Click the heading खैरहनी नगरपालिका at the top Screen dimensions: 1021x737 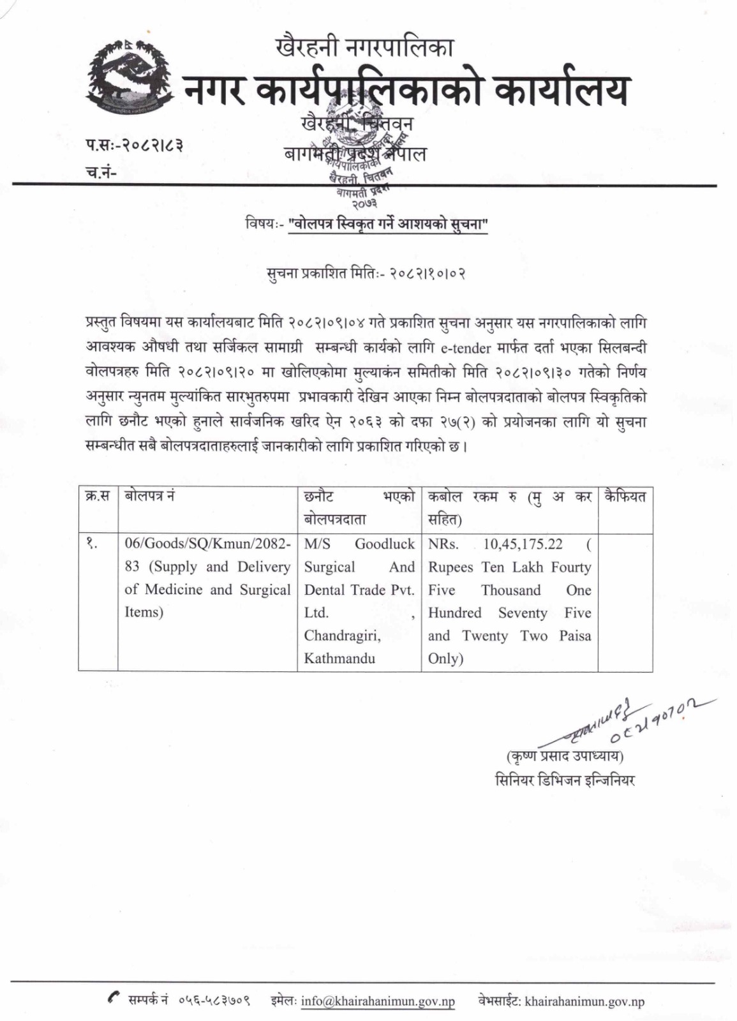tap(364, 47)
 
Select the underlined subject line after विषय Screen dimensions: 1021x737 tap(388, 225)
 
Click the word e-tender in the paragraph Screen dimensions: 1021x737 tap(469, 348)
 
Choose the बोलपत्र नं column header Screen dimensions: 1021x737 tap(150, 496)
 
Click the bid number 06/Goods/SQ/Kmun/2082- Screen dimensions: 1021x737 tap(208, 544)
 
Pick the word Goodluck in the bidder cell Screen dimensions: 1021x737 tap(385, 544)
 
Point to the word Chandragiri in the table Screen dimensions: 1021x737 tap(342, 636)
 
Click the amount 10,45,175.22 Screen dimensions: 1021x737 tap(523, 544)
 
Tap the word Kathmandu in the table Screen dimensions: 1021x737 tap(339, 659)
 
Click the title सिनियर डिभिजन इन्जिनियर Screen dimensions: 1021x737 tap(565, 780)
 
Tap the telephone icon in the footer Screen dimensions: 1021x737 tap(114, 999)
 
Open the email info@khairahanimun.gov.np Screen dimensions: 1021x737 tap(378, 1001)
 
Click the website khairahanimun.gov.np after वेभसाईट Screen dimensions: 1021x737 tap(584, 1001)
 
